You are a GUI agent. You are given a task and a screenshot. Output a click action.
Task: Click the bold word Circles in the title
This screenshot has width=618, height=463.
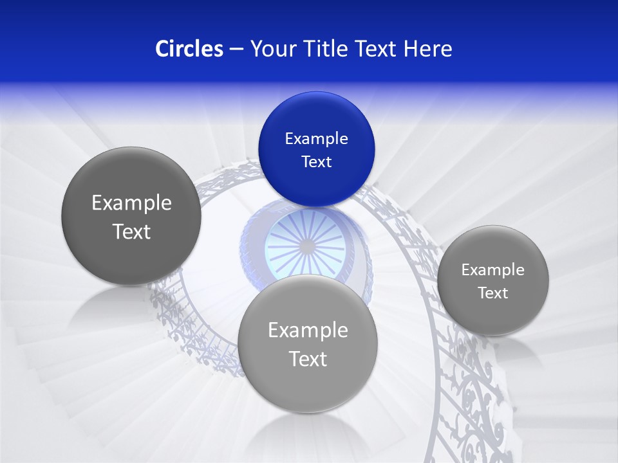click(189, 49)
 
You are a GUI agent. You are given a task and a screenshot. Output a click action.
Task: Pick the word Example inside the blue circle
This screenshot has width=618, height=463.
click(316, 139)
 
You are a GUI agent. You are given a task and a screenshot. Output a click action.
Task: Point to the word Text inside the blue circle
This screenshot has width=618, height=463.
click(316, 161)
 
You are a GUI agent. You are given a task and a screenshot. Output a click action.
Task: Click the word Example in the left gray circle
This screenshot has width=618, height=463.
click(131, 203)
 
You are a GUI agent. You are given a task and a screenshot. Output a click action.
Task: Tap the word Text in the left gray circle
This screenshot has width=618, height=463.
click(131, 232)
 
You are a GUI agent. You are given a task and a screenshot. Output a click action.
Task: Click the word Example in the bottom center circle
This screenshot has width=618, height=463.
click(308, 331)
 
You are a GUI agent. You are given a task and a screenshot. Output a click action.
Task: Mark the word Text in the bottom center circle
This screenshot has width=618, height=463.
click(308, 359)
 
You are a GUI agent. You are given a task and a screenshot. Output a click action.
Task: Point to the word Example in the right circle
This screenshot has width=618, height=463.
click(492, 270)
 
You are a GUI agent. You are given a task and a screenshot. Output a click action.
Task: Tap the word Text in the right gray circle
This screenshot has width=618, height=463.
click(492, 293)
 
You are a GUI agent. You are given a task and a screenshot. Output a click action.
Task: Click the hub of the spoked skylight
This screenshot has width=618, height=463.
click(308, 246)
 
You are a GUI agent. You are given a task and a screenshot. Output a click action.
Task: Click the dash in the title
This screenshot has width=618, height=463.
click(236, 50)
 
